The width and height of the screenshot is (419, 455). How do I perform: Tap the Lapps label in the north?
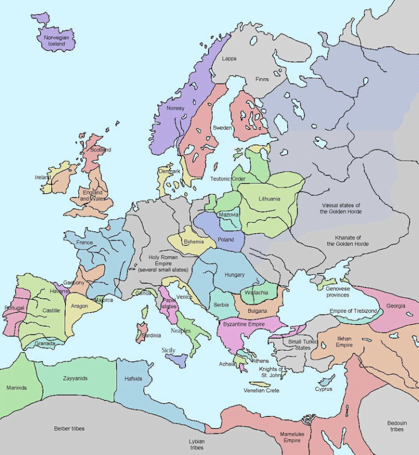pyautogui.click(x=229, y=58)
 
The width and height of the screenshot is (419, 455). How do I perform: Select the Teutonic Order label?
pyautogui.click(x=228, y=179)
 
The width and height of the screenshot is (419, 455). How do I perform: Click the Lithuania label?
pyautogui.click(x=270, y=199)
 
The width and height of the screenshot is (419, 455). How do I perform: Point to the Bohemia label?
pyautogui.click(x=194, y=242)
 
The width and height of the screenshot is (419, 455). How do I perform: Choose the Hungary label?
pyautogui.click(x=235, y=274)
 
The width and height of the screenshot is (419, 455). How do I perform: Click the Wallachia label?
pyautogui.click(x=256, y=293)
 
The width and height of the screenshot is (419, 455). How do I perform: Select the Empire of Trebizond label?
pyautogui.click(x=353, y=311)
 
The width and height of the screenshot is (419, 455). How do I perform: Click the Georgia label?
pyautogui.click(x=396, y=306)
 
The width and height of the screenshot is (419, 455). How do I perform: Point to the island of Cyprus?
pyautogui.click(x=326, y=380)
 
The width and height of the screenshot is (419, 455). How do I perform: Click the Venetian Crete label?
pyautogui.click(x=261, y=391)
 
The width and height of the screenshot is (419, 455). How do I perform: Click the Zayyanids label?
pyautogui.click(x=75, y=378)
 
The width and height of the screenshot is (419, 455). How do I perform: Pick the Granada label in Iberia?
pyautogui.click(x=45, y=344)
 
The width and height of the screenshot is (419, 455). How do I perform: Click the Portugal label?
pyautogui.click(x=14, y=308)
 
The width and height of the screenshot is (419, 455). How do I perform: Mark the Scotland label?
pyautogui.click(x=100, y=149)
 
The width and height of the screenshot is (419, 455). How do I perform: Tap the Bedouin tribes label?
pyautogui.click(x=397, y=426)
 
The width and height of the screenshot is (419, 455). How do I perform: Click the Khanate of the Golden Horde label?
pyautogui.click(x=348, y=241)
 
